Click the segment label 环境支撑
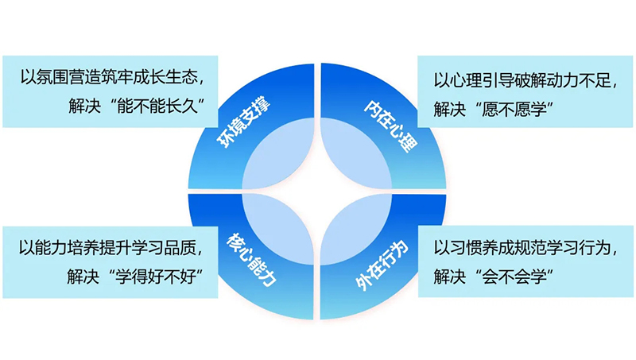coord(244,123)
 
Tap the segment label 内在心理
coord(390,126)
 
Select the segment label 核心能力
coord(251,259)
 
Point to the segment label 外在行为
coord(382,265)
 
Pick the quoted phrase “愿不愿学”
coord(514,109)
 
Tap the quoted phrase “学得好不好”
coord(156,277)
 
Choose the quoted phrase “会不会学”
coord(514,277)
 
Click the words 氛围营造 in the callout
coord(68,76)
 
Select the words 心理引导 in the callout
coord(482,80)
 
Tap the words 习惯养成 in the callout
coord(482,247)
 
